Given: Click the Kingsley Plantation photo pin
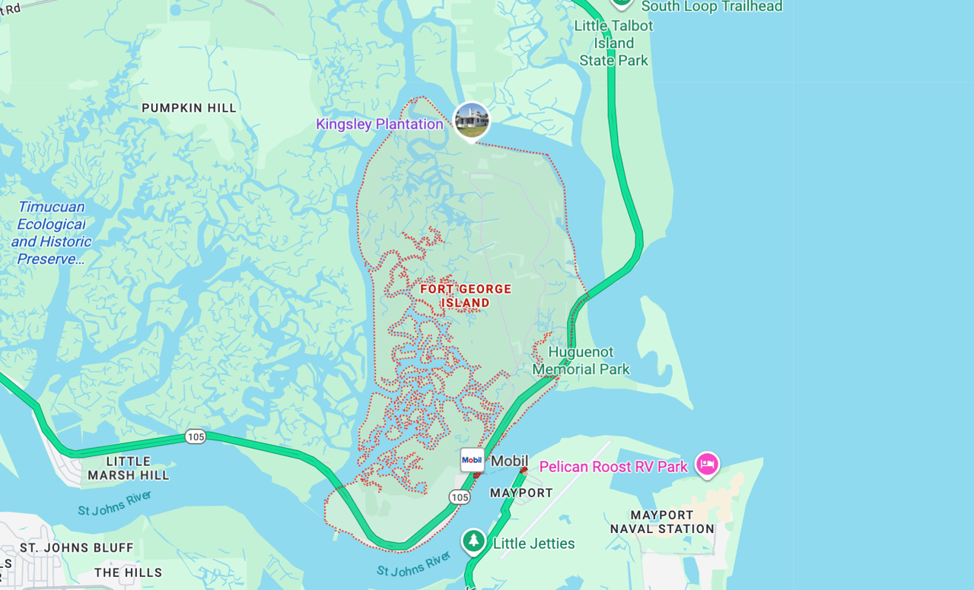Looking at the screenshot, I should pyautogui.click(x=472, y=121).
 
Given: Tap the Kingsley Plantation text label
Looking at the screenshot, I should pyautogui.click(x=379, y=124).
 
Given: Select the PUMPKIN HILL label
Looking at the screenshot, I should pyautogui.click(x=189, y=108).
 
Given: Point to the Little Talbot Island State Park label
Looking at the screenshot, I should pyautogui.click(x=613, y=43).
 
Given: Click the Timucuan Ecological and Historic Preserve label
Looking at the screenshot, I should pyautogui.click(x=51, y=233).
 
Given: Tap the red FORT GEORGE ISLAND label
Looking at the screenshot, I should pyautogui.click(x=466, y=296).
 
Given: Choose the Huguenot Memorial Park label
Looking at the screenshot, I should pyautogui.click(x=581, y=361).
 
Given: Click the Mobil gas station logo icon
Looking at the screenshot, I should pyautogui.click(x=472, y=459).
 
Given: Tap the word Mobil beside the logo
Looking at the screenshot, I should pyautogui.click(x=509, y=461).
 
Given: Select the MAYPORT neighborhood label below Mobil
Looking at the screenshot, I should pyautogui.click(x=521, y=493).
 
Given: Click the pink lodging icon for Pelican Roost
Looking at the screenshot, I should pyautogui.click(x=707, y=465).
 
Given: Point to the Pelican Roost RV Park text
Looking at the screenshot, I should pyautogui.click(x=613, y=466).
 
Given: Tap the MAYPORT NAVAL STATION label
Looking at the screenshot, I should pyautogui.click(x=662, y=522).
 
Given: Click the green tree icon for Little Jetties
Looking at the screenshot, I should pyautogui.click(x=474, y=542).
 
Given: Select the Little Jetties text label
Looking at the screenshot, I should pyautogui.click(x=533, y=544).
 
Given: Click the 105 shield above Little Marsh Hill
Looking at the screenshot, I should pyautogui.click(x=196, y=436).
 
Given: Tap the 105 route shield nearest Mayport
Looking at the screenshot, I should pyautogui.click(x=459, y=497).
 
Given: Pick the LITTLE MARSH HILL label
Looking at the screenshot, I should pyautogui.click(x=129, y=468).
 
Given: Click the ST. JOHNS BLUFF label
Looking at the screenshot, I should pyautogui.click(x=77, y=547).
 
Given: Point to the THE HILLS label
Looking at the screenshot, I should pyautogui.click(x=129, y=573).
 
